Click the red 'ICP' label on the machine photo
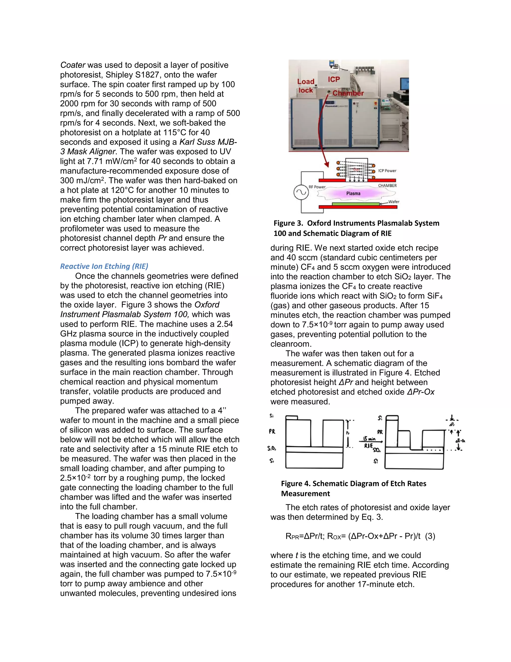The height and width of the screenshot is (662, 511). click(334, 79)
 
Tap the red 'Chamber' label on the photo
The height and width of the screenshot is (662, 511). click(348, 93)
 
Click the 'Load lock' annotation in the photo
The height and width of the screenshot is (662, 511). click(306, 86)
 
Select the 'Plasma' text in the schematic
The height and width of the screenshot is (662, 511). click(353, 193)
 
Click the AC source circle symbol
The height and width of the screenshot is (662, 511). click(301, 192)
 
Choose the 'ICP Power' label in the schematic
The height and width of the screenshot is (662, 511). click(387, 171)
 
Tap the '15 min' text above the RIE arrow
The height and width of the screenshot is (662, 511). click(369, 439)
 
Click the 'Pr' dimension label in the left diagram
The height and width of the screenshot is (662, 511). click(348, 433)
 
